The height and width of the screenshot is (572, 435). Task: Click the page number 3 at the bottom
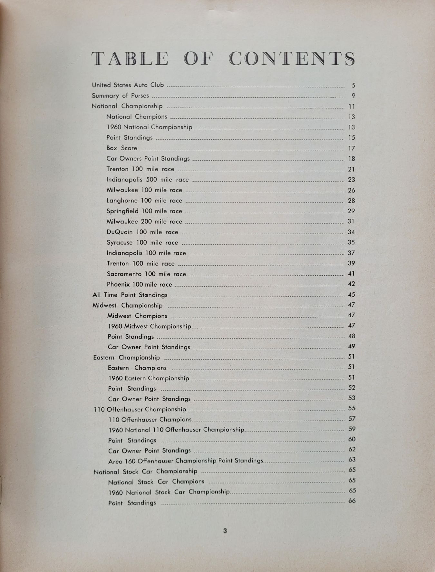click(225, 531)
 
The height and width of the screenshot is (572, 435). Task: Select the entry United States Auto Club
click(128, 85)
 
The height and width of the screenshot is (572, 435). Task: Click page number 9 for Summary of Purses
click(353, 96)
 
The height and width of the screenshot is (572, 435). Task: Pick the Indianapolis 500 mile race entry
click(148, 180)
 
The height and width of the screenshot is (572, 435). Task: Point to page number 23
click(351, 180)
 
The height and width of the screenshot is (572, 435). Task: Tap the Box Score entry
click(122, 148)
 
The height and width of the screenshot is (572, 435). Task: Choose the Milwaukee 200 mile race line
click(144, 222)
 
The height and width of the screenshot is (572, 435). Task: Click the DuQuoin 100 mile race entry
click(142, 232)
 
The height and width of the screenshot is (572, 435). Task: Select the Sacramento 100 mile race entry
click(147, 274)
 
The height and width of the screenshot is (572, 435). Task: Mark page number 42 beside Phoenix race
click(351, 284)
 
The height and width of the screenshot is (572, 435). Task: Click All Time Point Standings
click(130, 295)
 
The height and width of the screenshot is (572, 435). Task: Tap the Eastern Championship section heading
click(126, 357)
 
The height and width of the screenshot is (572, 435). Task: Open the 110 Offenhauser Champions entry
click(150, 419)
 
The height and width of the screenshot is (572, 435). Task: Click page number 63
click(352, 459)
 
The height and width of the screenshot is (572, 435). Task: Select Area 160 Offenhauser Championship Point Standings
click(186, 461)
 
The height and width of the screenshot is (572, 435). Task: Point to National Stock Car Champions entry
click(156, 482)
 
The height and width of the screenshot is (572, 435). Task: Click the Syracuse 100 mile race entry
click(142, 242)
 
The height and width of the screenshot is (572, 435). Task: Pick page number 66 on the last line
click(352, 501)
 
